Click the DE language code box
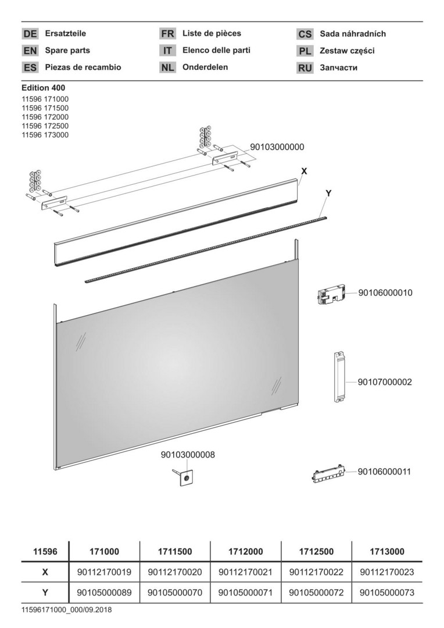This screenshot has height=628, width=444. [x=30, y=34]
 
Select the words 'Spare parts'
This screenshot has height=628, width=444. [x=67, y=51]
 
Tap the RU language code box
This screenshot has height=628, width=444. [x=305, y=67]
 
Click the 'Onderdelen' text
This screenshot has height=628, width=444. [x=205, y=67]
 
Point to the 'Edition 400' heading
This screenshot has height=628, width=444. [x=43, y=88]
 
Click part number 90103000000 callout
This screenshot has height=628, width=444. [x=277, y=147]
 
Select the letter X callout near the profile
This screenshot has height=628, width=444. [x=305, y=171]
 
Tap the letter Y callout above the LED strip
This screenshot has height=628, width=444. [x=328, y=194]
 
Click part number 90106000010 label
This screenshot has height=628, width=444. [x=385, y=292]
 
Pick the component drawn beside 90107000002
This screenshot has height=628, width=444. [x=339, y=377]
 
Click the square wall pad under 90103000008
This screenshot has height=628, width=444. [x=186, y=477]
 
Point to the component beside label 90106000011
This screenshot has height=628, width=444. [x=328, y=474]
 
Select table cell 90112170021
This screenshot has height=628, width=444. [x=245, y=572]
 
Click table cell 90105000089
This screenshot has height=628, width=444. [x=104, y=593]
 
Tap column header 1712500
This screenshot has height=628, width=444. [x=316, y=551]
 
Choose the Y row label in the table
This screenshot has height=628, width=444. [x=45, y=593]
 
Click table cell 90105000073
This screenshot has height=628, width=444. [x=386, y=593]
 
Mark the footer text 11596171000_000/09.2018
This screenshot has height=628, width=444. [x=66, y=611]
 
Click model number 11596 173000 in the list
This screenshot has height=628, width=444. [x=45, y=135]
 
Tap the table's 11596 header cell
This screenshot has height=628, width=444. [x=45, y=551]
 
